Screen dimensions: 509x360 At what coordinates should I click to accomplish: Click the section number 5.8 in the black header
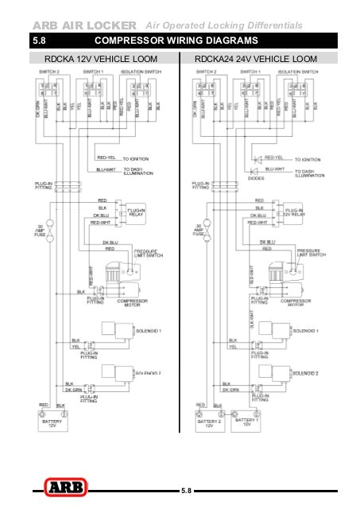coord(41,40)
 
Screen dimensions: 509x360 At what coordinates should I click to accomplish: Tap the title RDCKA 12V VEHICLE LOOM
coord(100,59)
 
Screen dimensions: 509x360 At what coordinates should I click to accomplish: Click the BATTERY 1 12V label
coord(247,422)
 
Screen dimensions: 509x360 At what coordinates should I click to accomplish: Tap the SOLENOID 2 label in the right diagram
coord(305,372)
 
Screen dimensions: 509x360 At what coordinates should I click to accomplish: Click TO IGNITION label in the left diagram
coord(136,159)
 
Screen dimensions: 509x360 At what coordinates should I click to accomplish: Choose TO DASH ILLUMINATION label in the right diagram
coord(309,173)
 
